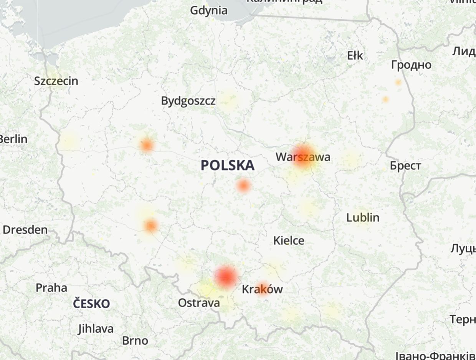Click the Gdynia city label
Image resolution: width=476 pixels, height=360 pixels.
coord(209,10)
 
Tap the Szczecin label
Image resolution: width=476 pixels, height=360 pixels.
coord(56,81)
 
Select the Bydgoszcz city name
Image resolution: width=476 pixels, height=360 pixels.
coord(188,101)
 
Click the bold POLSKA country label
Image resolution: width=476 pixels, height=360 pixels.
coord(228,165)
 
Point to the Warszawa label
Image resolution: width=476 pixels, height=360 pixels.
coord(303,157)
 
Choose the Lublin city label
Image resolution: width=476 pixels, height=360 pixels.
coord(363,217)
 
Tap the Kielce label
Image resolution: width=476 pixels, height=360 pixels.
coord(289,241)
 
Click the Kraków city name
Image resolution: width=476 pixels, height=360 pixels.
coord(262,289)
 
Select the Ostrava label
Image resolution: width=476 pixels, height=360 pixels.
coord(199,303)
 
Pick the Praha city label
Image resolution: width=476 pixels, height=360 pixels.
coord(51,288)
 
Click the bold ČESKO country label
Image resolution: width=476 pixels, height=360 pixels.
coord(92,304)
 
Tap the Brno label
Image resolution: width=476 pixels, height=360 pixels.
coord(135,340)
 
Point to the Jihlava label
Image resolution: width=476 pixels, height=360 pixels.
coord(96,329)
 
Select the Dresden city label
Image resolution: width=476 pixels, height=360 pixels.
coord(25,230)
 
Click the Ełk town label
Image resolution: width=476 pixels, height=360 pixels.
coord(355,56)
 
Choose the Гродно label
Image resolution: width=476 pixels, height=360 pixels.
coord(411,65)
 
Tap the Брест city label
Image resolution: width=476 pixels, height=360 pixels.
coord(405,166)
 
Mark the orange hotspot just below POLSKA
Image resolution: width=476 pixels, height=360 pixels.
coord(243,186)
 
